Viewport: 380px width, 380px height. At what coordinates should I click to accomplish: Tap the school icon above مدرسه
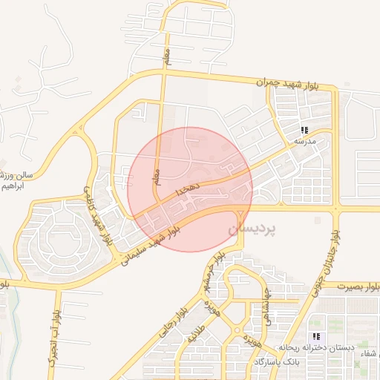[304, 130]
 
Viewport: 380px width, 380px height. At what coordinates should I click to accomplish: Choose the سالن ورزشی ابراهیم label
[17, 180]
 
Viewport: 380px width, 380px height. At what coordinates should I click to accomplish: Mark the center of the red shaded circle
[190, 189]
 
